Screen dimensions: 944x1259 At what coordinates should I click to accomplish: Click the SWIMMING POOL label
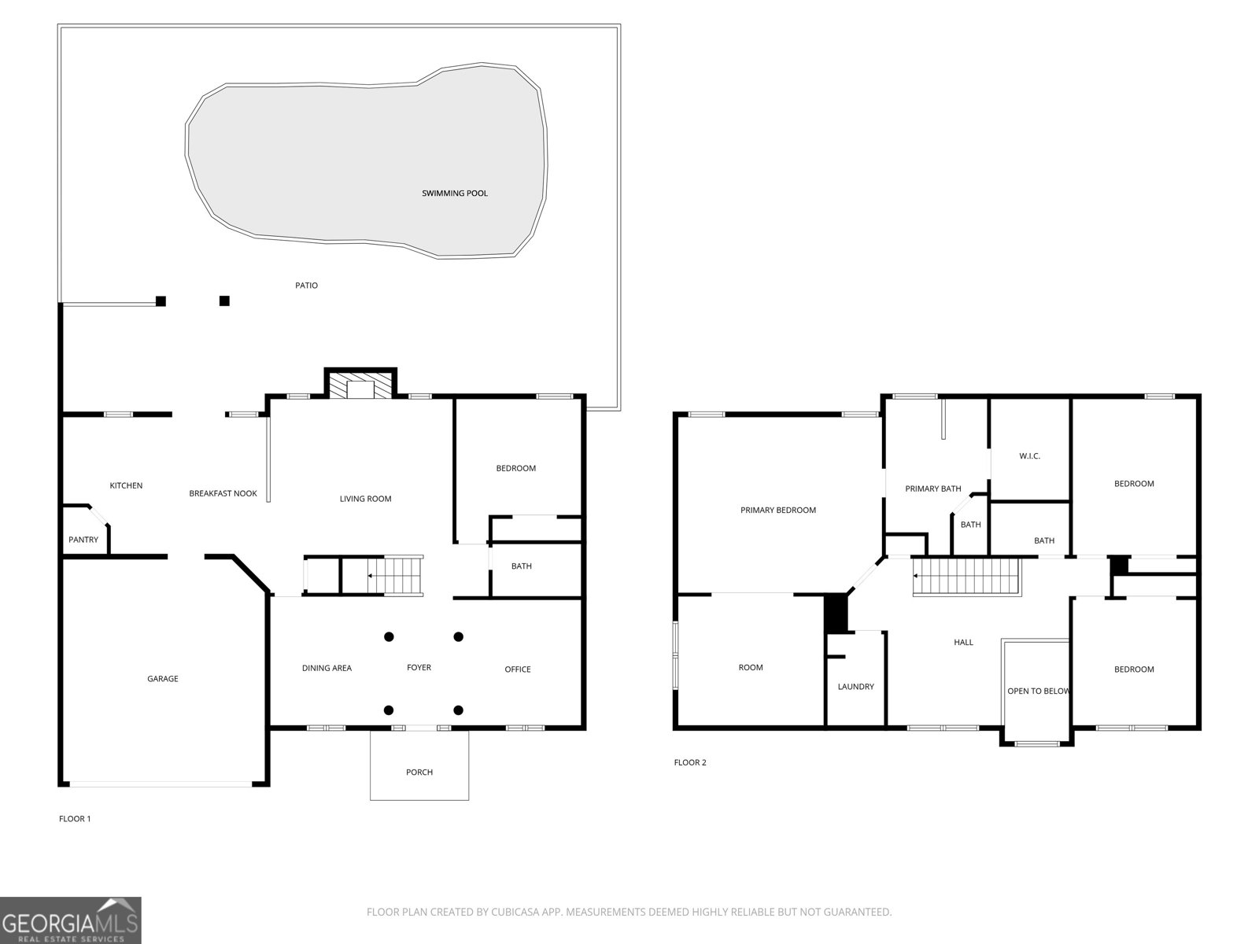click(455, 193)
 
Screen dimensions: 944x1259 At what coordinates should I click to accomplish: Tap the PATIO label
click(306, 285)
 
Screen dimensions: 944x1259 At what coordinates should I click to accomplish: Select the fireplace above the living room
click(360, 387)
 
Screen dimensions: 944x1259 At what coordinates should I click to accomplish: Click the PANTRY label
click(83, 540)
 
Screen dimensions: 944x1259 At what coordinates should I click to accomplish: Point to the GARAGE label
click(163, 678)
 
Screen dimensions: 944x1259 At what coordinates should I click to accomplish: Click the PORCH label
click(419, 772)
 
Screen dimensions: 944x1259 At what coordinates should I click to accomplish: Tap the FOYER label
click(419, 667)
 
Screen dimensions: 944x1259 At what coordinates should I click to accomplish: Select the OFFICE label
click(517, 669)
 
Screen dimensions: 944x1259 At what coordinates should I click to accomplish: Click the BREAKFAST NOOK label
click(223, 493)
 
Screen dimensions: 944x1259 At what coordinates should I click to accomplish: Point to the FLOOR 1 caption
click(75, 818)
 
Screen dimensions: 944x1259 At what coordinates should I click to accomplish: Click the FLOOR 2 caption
click(690, 762)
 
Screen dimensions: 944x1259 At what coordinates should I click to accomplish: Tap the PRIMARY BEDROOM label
click(778, 510)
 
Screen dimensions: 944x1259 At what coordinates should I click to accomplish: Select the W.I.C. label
click(1029, 455)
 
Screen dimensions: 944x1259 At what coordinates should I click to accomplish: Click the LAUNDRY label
click(855, 686)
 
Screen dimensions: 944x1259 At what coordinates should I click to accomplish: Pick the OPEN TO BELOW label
click(1039, 691)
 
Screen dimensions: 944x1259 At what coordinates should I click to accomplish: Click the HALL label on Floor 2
click(963, 642)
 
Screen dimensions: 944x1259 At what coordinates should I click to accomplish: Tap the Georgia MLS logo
click(71, 920)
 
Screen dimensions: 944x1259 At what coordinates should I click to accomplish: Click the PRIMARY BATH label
click(933, 489)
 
